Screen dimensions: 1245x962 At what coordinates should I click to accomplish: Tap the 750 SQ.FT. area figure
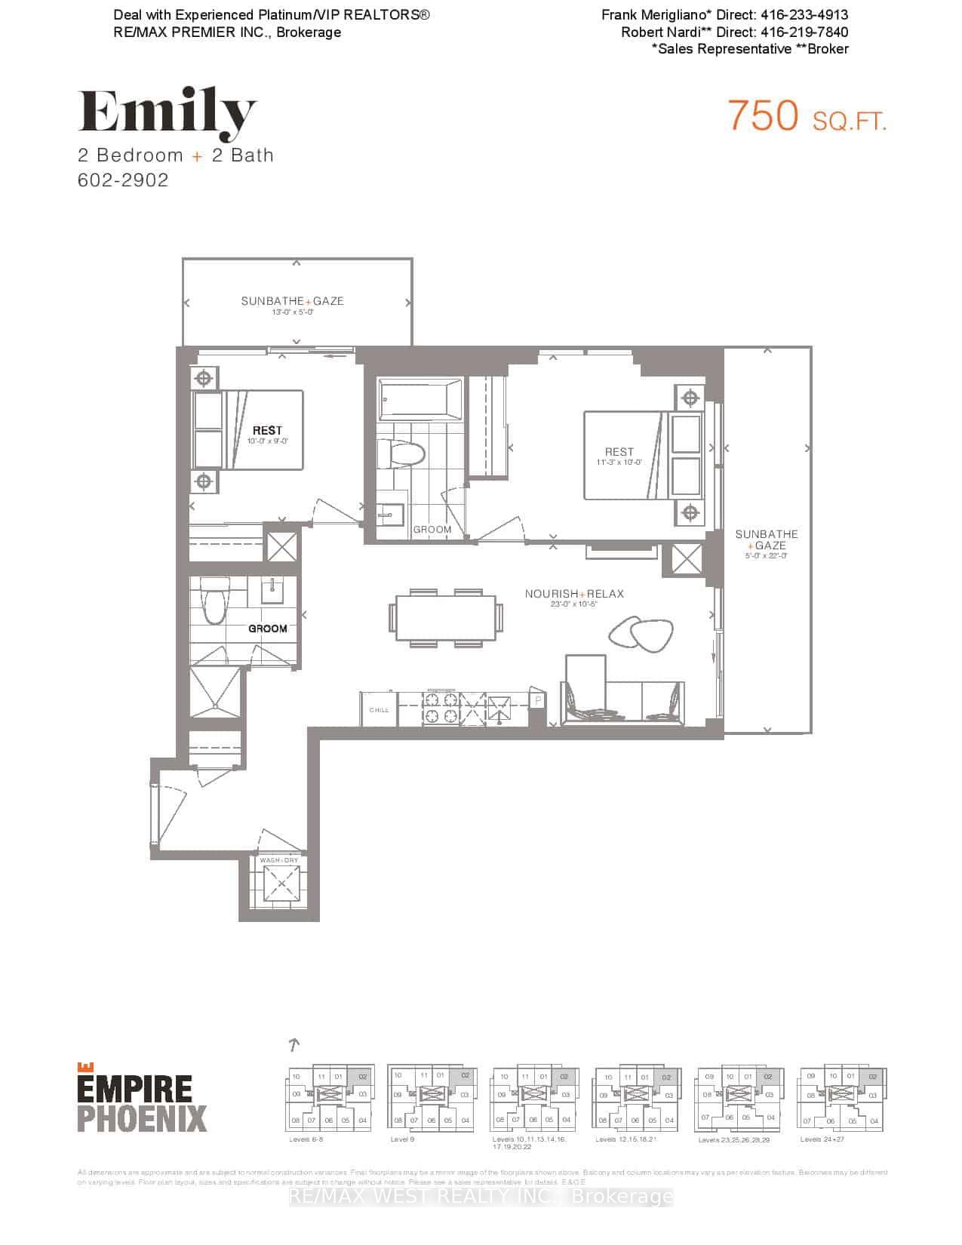pyautogui.click(x=807, y=117)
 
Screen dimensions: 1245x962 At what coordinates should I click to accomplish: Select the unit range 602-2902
pyautogui.click(x=123, y=180)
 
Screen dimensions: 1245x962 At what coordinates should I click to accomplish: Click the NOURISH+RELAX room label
pyautogui.click(x=574, y=594)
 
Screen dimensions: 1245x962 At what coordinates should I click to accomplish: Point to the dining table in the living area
pyautogui.click(x=446, y=618)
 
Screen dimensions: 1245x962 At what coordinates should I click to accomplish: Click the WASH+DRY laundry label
pyautogui.click(x=279, y=860)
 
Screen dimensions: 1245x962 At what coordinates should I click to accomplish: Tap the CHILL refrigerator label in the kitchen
pyautogui.click(x=379, y=710)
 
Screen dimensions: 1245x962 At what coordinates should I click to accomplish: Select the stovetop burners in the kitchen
pyautogui.click(x=441, y=710)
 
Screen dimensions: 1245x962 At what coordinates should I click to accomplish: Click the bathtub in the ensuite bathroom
pyautogui.click(x=421, y=400)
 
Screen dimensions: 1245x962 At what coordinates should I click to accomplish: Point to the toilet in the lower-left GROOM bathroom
pyautogui.click(x=215, y=601)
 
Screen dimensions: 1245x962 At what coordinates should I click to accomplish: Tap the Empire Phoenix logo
pyautogui.click(x=142, y=1097)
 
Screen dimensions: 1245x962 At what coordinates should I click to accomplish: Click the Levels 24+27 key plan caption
pyautogui.click(x=822, y=1139)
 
